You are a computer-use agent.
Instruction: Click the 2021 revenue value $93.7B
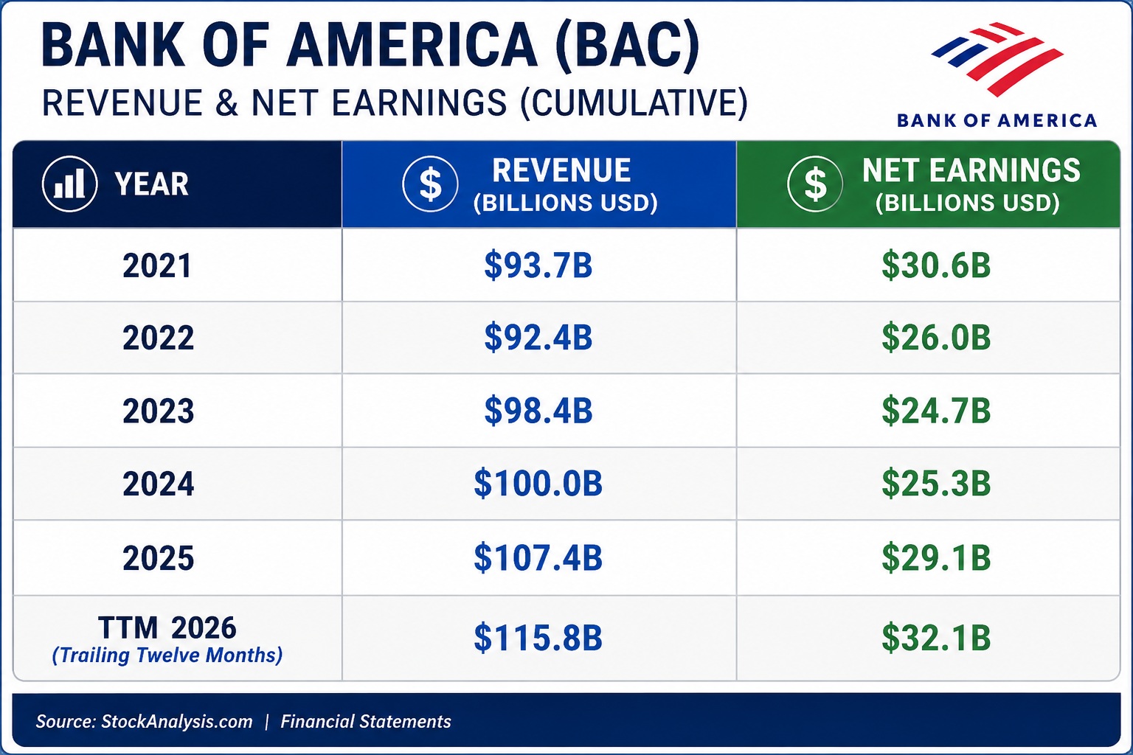click(x=538, y=265)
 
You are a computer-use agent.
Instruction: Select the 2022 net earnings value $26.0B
click(x=936, y=337)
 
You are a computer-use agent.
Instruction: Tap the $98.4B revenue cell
click(x=538, y=410)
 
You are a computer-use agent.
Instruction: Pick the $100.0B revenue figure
click(x=538, y=483)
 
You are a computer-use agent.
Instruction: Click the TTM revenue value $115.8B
click(x=538, y=637)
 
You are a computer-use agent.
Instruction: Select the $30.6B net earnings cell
click(x=936, y=265)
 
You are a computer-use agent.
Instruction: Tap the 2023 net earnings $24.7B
click(x=936, y=410)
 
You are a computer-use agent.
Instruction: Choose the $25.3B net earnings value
click(x=936, y=483)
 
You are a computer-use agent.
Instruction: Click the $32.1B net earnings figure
click(x=936, y=637)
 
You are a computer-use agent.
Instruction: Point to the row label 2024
click(x=159, y=484)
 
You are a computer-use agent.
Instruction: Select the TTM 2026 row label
click(x=167, y=627)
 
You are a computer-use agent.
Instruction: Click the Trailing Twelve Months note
click(x=167, y=655)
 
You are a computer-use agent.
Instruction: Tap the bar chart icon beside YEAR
click(x=70, y=183)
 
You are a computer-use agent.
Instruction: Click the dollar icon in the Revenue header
click(x=431, y=183)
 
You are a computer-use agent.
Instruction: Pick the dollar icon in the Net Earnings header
click(x=815, y=183)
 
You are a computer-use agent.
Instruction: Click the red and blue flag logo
click(x=997, y=59)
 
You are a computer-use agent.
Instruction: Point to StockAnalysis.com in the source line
click(x=176, y=722)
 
